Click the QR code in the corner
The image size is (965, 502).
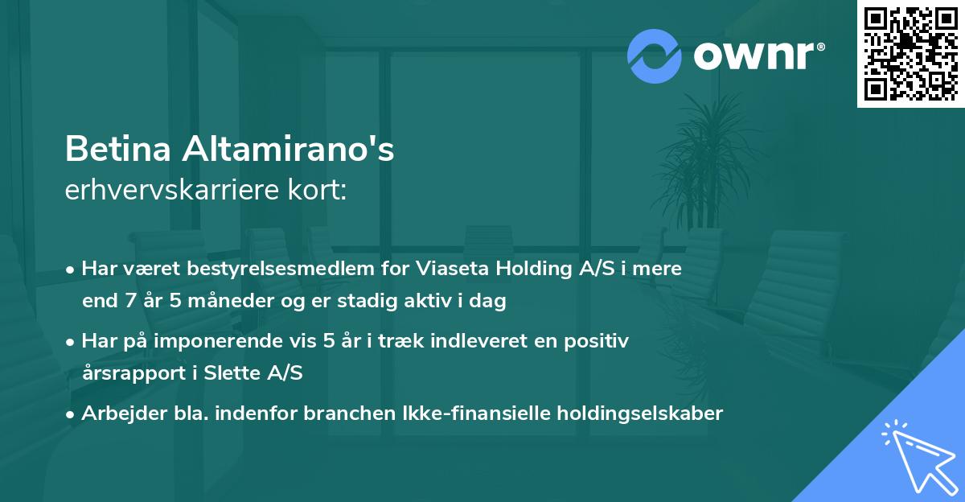[911, 54]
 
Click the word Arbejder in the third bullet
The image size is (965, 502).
[117, 414]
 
